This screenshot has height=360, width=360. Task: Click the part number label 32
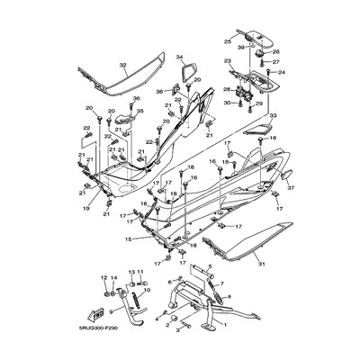click(x=124, y=66)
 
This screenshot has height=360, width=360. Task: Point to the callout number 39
click(x=240, y=46)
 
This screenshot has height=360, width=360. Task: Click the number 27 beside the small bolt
click(x=278, y=62)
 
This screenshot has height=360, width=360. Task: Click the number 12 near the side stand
click(x=103, y=277)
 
